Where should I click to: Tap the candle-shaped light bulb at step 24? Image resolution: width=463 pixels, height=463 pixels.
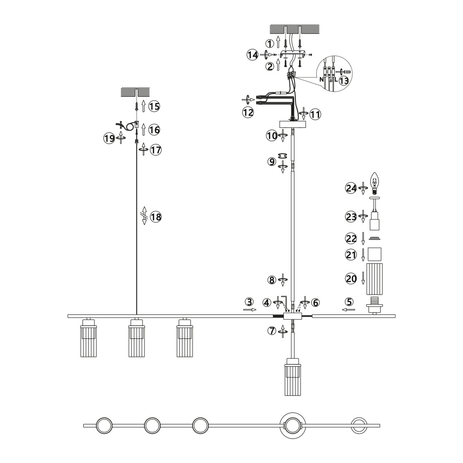[x=376, y=182]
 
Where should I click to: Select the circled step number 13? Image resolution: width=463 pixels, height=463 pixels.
[x=344, y=81]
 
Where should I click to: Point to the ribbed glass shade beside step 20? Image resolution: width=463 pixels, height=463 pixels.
[x=376, y=279]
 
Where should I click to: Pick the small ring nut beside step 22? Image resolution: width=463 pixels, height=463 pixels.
[x=376, y=239]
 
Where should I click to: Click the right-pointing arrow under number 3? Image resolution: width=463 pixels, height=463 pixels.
[x=250, y=311]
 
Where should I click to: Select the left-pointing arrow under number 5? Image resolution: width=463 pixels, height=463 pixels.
[x=349, y=309]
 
